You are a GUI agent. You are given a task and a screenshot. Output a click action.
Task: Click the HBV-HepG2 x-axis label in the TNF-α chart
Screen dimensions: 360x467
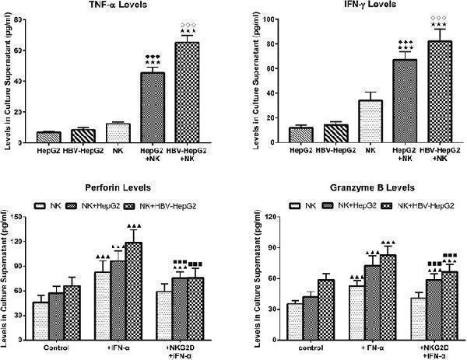click(x=83, y=150)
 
